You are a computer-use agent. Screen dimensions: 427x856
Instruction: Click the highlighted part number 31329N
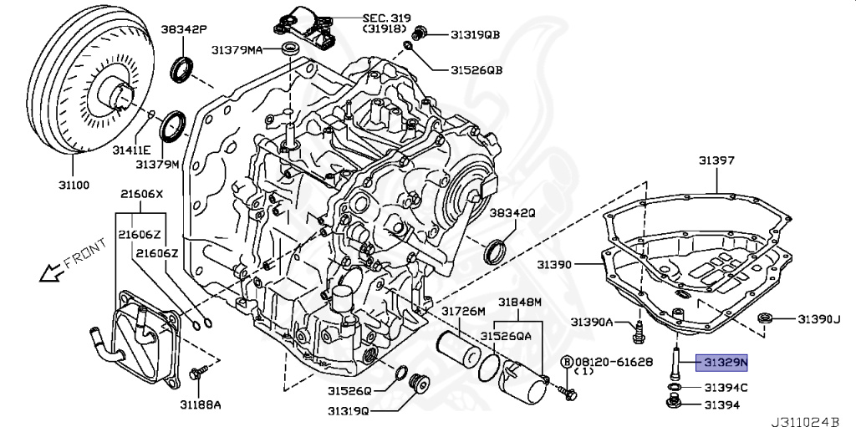[723, 362]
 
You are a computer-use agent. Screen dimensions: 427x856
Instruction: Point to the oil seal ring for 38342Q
[496, 250]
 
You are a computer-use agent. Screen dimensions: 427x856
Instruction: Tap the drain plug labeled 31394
[674, 405]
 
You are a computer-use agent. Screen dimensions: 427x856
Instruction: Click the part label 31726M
[463, 311]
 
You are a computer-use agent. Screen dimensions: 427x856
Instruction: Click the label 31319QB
[475, 34]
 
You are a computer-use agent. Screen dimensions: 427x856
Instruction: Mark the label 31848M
[520, 302]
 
